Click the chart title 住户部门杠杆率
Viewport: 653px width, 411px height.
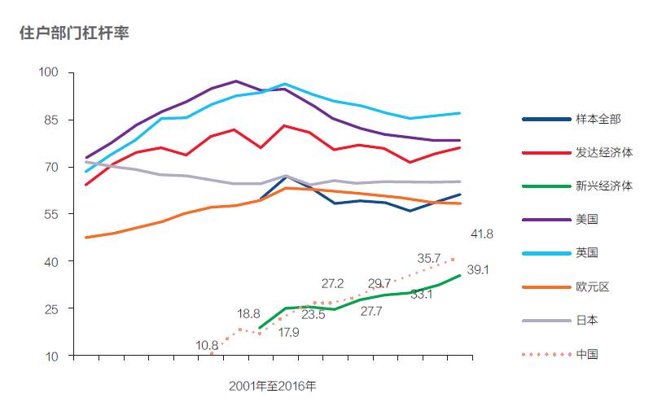click(x=74, y=34)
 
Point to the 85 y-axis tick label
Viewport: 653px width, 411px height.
click(x=52, y=120)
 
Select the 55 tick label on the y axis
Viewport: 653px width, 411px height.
click(x=52, y=214)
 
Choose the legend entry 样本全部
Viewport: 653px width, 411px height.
click(x=598, y=119)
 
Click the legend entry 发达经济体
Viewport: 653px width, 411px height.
click(x=603, y=152)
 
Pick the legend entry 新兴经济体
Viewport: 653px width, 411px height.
click(x=603, y=186)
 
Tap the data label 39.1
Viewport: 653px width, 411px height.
click(x=477, y=270)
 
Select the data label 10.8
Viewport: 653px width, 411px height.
click(x=208, y=345)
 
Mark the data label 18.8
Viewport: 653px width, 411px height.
click(x=248, y=313)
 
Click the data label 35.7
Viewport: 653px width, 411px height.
click(x=428, y=258)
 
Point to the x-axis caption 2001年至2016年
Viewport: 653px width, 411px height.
click(x=272, y=386)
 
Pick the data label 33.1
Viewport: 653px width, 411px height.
click(x=421, y=295)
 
